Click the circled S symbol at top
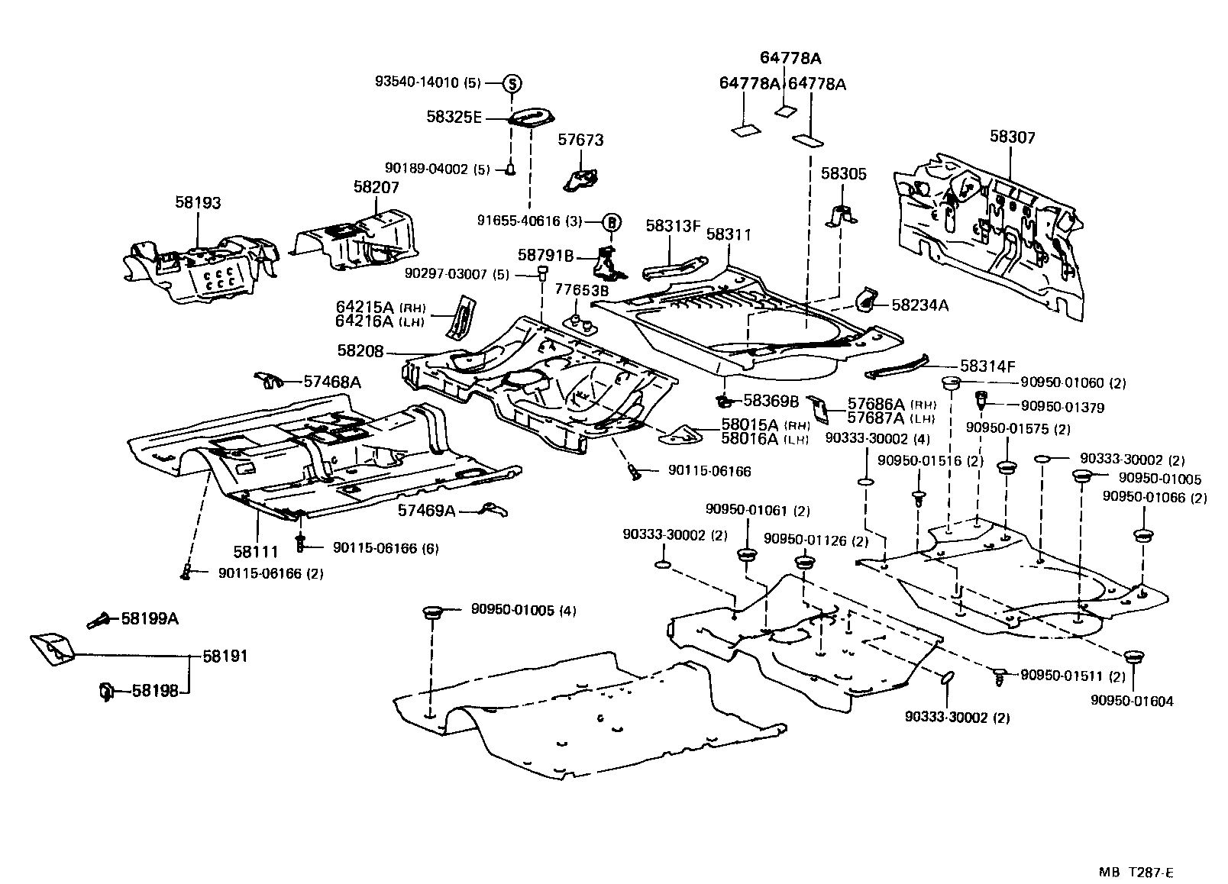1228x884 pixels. [x=512, y=84]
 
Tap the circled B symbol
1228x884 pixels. [x=611, y=222]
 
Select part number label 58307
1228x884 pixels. [x=1012, y=137]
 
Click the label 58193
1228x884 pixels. [x=198, y=202]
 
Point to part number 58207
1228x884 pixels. [x=376, y=186]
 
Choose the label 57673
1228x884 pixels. [x=580, y=140]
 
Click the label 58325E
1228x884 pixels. [x=454, y=117]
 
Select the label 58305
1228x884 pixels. [x=844, y=174]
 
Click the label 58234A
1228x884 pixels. [x=919, y=305]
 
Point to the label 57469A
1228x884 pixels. [x=426, y=509]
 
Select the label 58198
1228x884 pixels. [x=155, y=691]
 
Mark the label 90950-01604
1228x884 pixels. [x=1132, y=701]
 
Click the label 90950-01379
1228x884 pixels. [x=1068, y=407]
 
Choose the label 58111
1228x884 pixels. [x=255, y=550]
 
